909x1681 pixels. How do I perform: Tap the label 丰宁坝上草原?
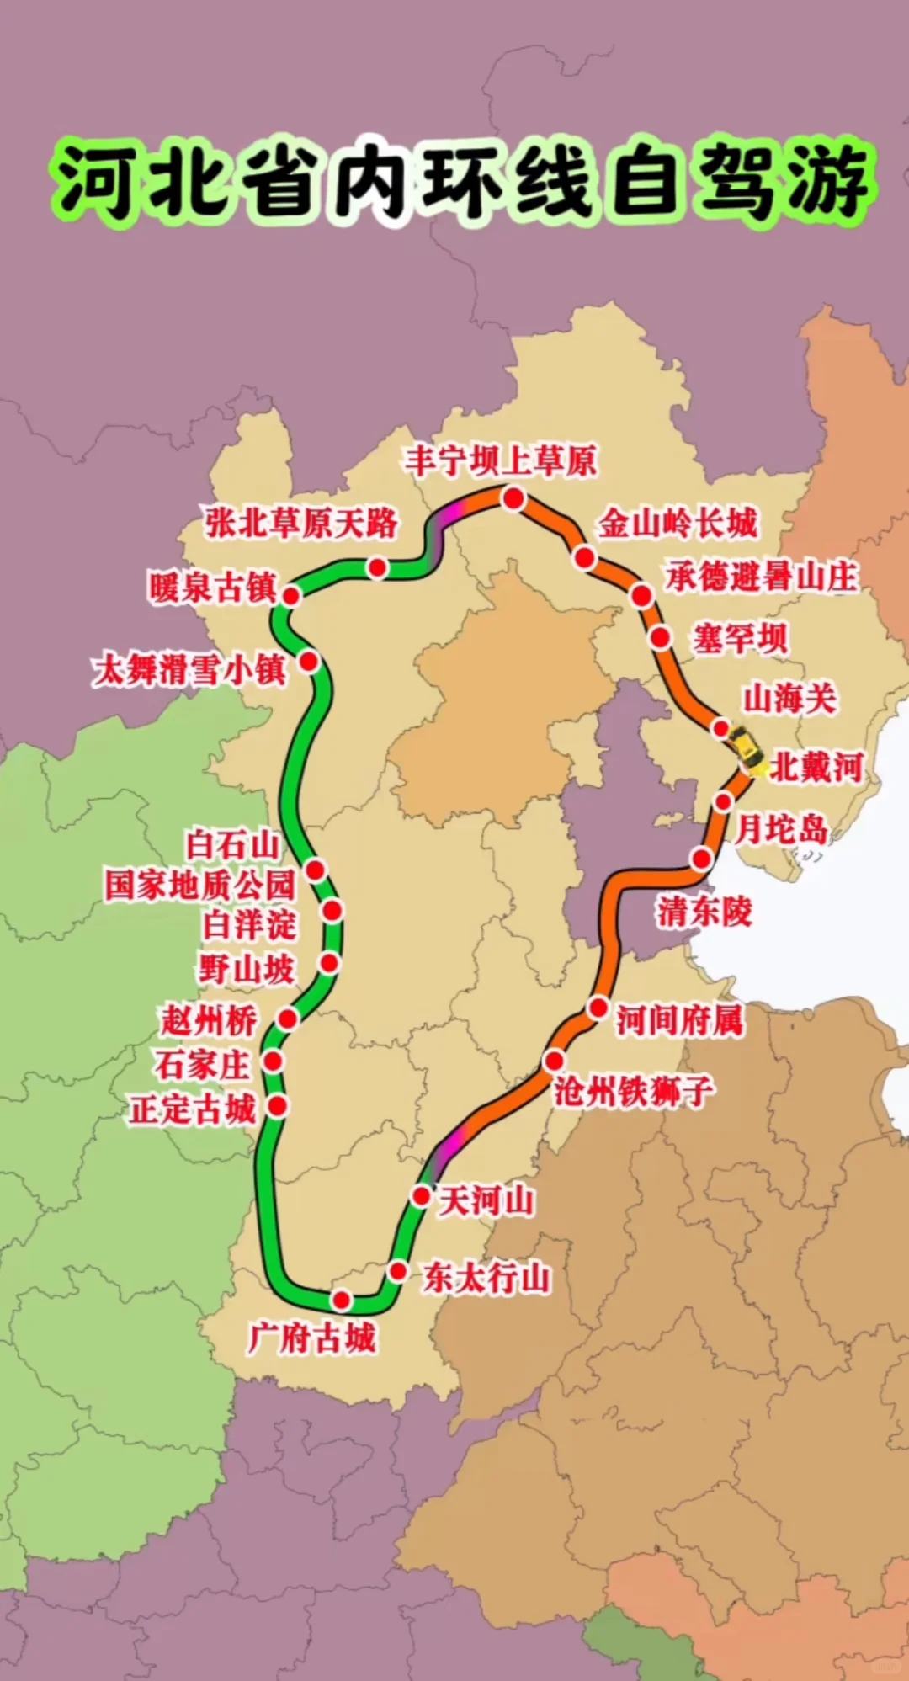tap(501, 460)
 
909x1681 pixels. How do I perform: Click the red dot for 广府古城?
tap(341, 1300)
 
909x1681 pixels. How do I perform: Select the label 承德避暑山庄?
tap(761, 577)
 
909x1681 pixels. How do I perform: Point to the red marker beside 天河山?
tap(422, 1195)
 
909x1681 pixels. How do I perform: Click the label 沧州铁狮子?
tap(634, 1091)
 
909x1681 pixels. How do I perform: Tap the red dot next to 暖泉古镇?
tap(291, 596)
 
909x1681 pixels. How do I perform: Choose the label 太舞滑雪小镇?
tap(190, 670)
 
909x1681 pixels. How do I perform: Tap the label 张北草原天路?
tap(301, 524)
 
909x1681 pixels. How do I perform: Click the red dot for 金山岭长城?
tap(585, 557)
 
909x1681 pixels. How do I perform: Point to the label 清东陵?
tap(704, 911)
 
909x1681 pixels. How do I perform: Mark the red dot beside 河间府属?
tap(598, 1007)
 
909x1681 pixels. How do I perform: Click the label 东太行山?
tap(486, 1277)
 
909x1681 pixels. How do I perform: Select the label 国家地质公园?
tap(200, 885)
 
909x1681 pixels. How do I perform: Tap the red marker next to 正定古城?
tap(277, 1105)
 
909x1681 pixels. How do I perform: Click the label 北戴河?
tap(816, 767)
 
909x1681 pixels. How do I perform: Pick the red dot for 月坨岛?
tap(723, 801)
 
